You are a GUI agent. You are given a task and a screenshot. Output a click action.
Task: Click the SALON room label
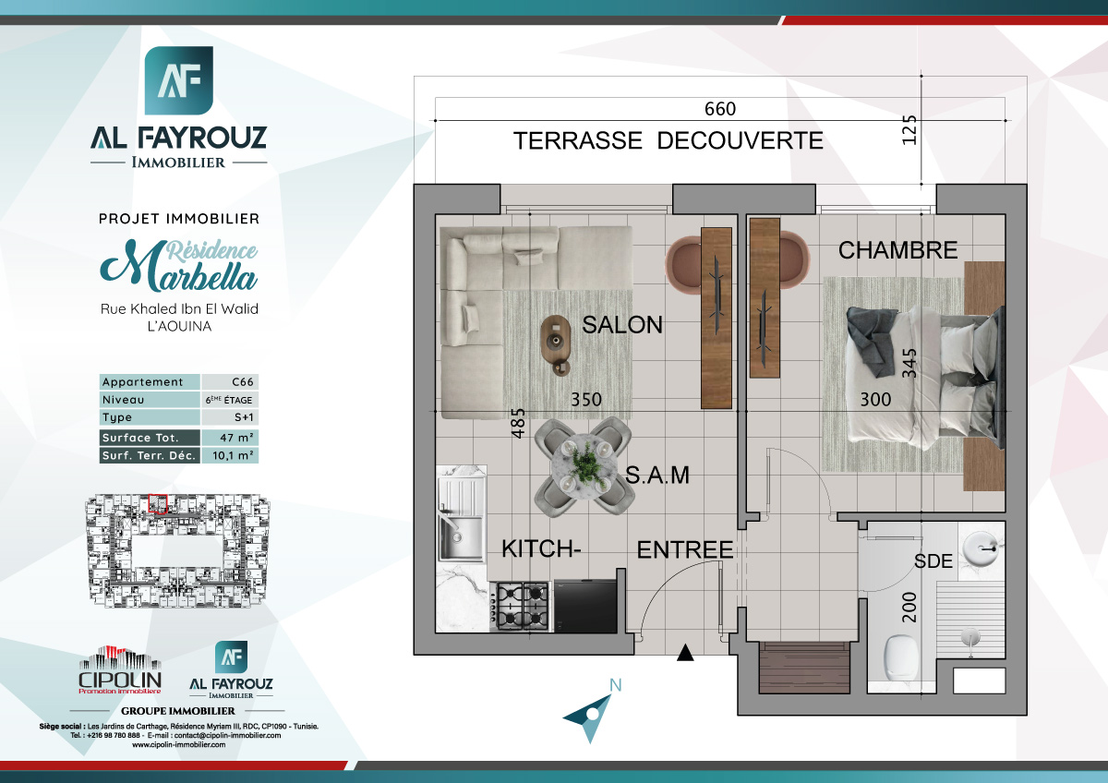point(621,325)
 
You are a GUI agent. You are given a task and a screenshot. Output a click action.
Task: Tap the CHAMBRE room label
point(897,250)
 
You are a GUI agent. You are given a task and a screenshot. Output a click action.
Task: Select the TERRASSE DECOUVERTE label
point(668,141)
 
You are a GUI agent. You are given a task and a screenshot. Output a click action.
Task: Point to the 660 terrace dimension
point(720,109)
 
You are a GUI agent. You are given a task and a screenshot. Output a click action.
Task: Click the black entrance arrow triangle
point(684,655)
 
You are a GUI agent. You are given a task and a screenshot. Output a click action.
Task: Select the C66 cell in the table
point(230,382)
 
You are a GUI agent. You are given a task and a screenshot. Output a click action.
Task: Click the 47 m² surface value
point(230,438)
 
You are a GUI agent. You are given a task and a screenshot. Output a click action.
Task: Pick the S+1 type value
point(230,418)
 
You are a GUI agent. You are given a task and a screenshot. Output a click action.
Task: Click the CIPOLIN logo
point(119,669)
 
